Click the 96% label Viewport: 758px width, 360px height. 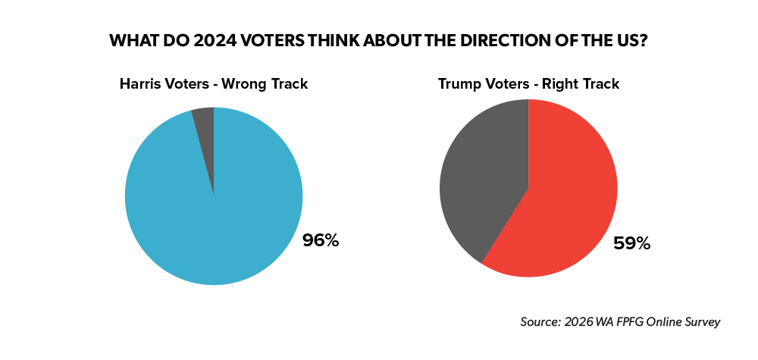(321, 242)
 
